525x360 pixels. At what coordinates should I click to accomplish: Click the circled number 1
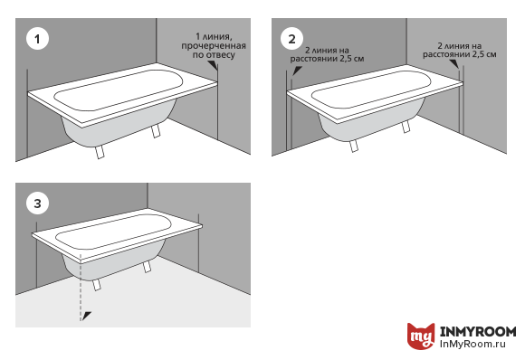pyautogui.click(x=37, y=39)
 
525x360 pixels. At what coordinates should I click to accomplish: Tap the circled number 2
pyautogui.click(x=292, y=39)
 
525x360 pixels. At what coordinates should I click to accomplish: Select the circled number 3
pyautogui.click(x=37, y=204)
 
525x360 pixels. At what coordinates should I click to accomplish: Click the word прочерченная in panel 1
pyautogui.click(x=214, y=45)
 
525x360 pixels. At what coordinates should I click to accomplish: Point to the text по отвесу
pyautogui.click(x=214, y=54)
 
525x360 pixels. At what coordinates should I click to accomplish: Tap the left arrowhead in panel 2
pyautogui.click(x=297, y=71)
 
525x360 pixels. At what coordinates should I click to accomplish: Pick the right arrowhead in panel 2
pyautogui.click(x=454, y=64)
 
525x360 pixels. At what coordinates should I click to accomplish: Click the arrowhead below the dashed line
pyautogui.click(x=87, y=315)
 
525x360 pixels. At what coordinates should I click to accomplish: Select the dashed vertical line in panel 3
pyautogui.click(x=81, y=288)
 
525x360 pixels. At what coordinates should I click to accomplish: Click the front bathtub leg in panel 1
pyautogui.click(x=100, y=152)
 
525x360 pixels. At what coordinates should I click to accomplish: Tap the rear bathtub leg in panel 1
pyautogui.click(x=156, y=130)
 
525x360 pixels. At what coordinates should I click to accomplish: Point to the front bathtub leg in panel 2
pyautogui.click(x=354, y=146)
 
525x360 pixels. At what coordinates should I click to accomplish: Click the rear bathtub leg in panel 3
pyautogui.click(x=147, y=267)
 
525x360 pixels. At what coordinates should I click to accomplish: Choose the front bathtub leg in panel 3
pyautogui.click(x=97, y=285)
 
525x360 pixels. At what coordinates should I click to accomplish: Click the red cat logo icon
pyautogui.click(x=421, y=336)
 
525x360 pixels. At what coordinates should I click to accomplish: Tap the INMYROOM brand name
pyautogui.click(x=478, y=331)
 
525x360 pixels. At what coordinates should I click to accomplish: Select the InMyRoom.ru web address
pyautogui.click(x=472, y=344)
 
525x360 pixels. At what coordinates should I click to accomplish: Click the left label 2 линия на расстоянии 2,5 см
pyautogui.click(x=327, y=54)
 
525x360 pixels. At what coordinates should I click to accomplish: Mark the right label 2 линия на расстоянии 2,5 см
pyautogui.click(x=459, y=50)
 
